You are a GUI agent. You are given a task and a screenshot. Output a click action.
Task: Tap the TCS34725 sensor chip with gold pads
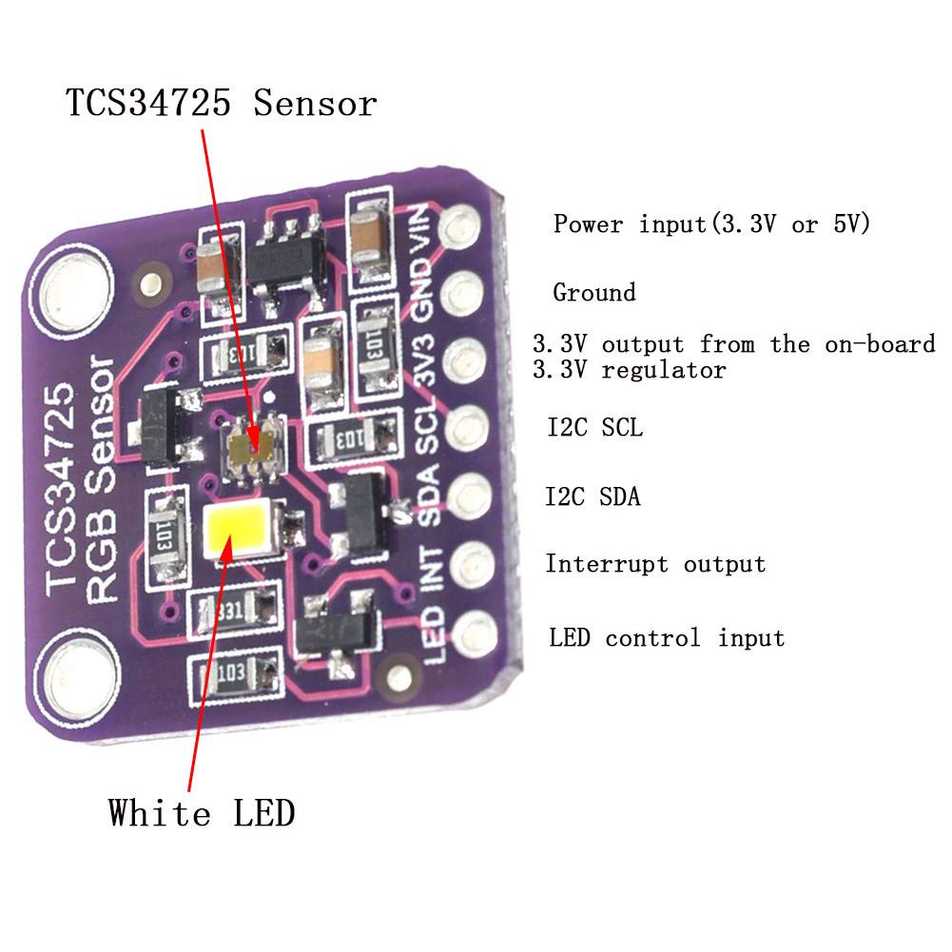tap(255, 442)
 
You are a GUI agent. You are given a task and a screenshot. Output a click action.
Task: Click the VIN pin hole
tap(459, 226)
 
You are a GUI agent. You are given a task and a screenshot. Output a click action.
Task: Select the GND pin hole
tap(460, 289)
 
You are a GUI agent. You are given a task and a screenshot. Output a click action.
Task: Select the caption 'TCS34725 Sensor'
tap(221, 103)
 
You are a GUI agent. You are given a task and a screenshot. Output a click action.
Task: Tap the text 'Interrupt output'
tap(655, 564)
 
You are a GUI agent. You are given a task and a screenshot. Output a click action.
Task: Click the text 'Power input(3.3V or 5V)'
tap(712, 224)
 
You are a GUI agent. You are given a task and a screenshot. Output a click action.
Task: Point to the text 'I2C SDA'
tap(593, 496)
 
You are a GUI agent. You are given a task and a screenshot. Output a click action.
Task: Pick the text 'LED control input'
tap(667, 637)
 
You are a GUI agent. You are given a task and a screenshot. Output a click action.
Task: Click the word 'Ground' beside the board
tap(594, 292)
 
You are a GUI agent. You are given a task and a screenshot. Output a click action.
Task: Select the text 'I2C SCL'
tap(594, 428)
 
